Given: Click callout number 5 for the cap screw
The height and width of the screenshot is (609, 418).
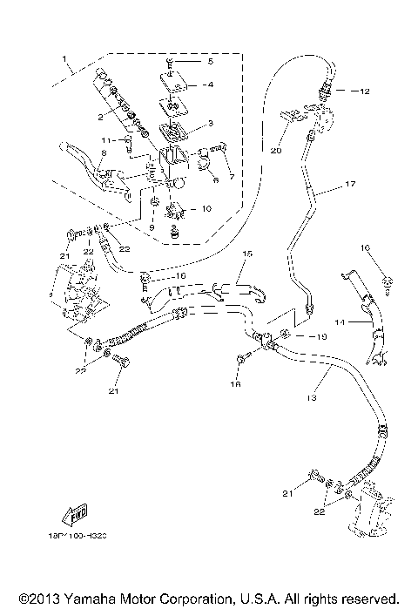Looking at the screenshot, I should click(209, 62).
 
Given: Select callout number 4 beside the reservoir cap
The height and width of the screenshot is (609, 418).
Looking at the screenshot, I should click(209, 85).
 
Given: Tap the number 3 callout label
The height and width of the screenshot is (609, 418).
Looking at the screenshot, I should click(209, 124).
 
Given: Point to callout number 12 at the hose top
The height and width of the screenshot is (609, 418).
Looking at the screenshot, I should click(364, 91).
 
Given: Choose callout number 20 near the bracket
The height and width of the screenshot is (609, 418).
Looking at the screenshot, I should click(276, 149).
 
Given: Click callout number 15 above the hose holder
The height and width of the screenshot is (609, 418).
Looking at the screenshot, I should click(246, 254).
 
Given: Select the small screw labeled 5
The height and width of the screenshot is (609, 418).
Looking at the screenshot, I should click(171, 62).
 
